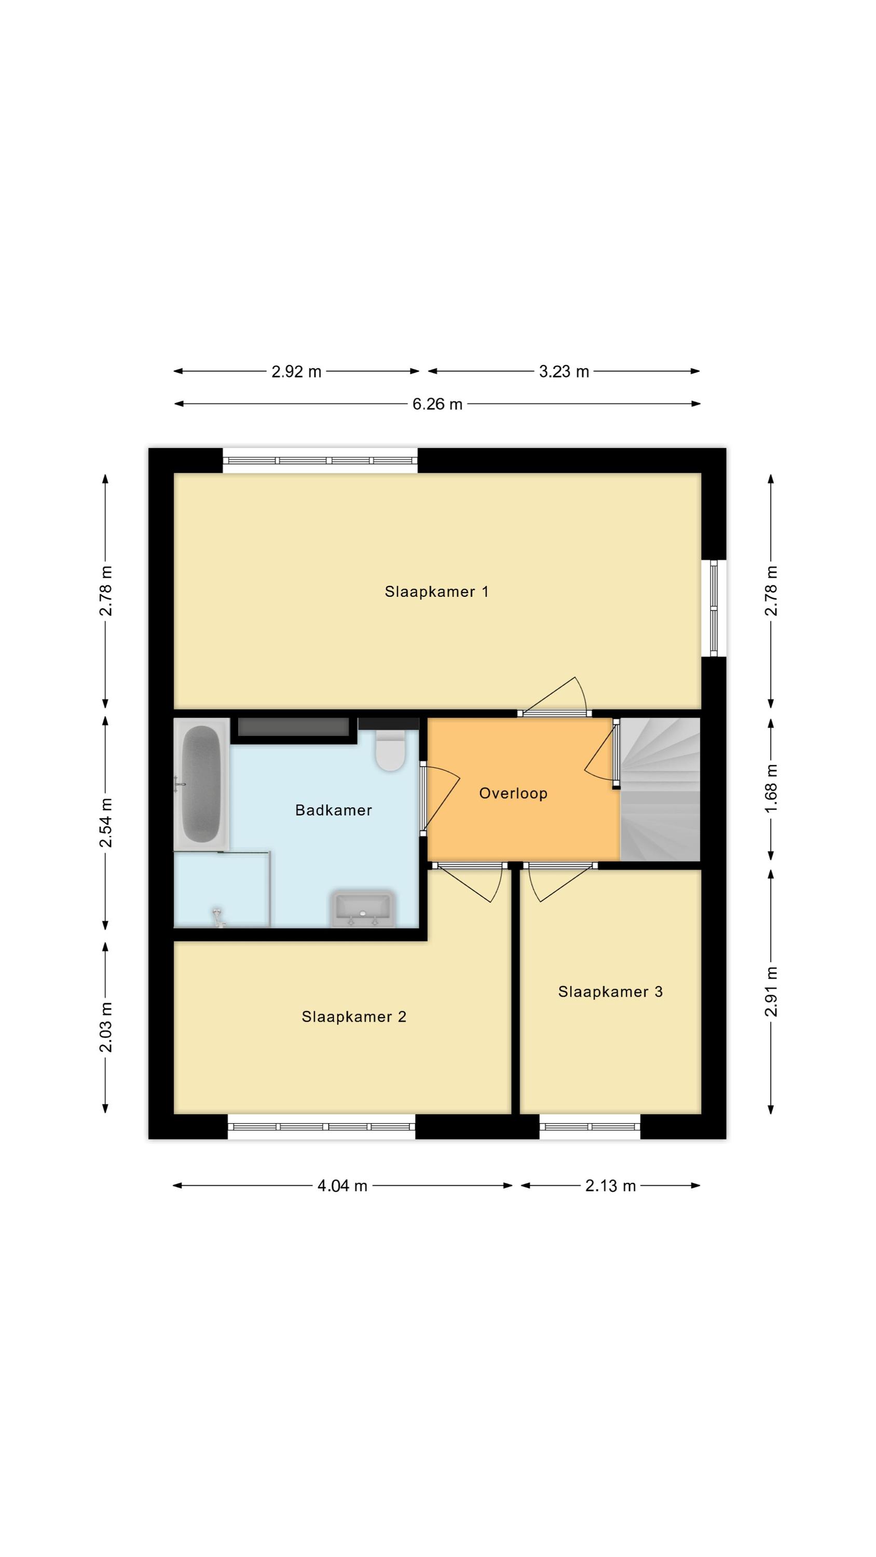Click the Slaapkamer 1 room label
436,592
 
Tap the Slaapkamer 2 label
353,1017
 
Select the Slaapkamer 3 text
610,991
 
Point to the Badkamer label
333,810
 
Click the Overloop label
513,793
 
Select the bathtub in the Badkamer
201,784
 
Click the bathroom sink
363,908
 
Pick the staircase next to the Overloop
660,789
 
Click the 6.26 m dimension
437,404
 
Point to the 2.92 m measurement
296,371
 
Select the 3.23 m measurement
564,371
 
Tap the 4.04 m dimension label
342,1185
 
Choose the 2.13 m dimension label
610,1185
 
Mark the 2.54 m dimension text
106,823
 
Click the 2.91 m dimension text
771,991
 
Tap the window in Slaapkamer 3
590,1126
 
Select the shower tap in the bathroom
216,917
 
